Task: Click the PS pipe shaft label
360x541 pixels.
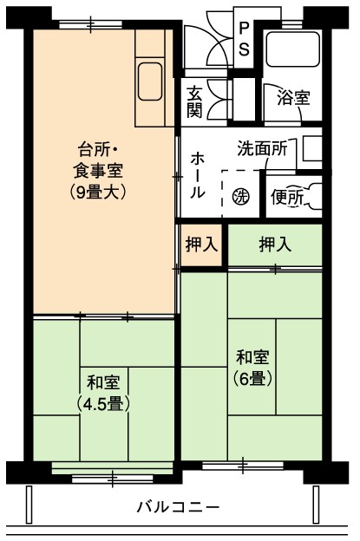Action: tap(244, 39)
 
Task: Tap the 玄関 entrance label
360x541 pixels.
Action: tap(194, 101)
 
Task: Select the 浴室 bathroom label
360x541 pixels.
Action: tap(293, 98)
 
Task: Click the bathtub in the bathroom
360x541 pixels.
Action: tap(293, 49)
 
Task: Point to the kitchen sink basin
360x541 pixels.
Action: tap(150, 81)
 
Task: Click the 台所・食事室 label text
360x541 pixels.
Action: tap(98, 160)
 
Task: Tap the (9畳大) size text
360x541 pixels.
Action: tap(98, 192)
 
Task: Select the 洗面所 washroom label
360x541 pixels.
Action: tap(262, 148)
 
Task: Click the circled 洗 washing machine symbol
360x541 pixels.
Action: tap(240, 197)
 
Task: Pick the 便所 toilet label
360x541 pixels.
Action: tap(287, 198)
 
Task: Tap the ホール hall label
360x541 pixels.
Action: tap(198, 176)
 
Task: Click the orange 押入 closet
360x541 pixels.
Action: tap(201, 245)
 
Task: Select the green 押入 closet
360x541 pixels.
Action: tap(275, 245)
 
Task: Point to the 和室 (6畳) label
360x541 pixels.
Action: tap(252, 368)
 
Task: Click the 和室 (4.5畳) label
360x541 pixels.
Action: tap(103, 393)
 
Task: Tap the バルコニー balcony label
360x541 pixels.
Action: tap(179, 507)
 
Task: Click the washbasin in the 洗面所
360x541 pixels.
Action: tap(312, 149)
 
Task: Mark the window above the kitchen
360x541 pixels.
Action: tap(90, 25)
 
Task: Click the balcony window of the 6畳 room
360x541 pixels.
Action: tap(243, 466)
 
